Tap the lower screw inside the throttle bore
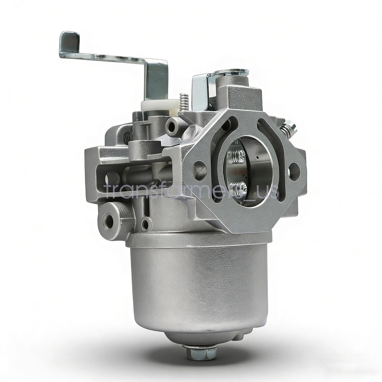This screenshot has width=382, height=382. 240,188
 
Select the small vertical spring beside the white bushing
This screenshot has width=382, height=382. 184,102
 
